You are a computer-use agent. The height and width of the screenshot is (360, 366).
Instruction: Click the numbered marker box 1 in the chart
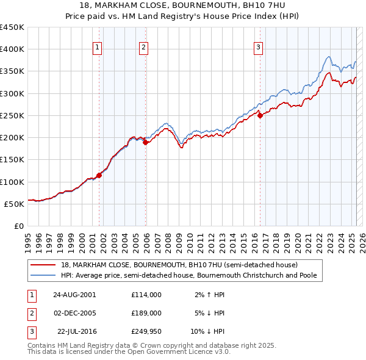click(98, 49)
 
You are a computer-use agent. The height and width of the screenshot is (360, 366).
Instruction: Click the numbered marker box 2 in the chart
click(143, 49)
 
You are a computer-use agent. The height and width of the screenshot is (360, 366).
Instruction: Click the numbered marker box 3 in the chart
click(258, 49)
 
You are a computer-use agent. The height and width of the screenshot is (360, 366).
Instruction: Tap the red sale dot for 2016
click(260, 115)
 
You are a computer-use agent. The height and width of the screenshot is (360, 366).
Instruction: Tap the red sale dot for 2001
click(99, 175)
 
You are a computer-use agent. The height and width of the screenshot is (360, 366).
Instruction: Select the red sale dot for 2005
click(145, 142)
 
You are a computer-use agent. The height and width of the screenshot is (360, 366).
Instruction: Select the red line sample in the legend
click(43, 265)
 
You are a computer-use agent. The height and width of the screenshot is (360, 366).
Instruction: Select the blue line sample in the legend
click(43, 276)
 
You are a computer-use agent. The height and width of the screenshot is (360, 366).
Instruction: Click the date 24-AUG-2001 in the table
click(74, 295)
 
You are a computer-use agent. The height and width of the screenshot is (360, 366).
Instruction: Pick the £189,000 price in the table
click(146, 313)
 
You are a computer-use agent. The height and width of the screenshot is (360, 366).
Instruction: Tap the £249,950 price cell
click(146, 331)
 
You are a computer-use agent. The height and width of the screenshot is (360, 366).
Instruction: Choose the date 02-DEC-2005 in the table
click(74, 313)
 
